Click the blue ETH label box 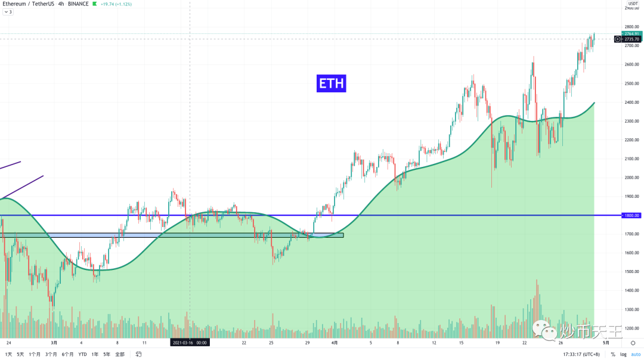(331, 83)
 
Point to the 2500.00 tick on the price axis (632, 83)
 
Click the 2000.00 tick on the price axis (632, 178)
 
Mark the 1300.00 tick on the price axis (632, 310)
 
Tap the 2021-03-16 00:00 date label (189, 343)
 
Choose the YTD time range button (82, 354)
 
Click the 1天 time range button (8, 354)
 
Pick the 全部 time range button (120, 354)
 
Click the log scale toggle (623, 354)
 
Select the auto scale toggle (636, 354)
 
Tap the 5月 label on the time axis (605, 343)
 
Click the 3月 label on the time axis (54, 343)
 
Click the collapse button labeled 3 (8, 12)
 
